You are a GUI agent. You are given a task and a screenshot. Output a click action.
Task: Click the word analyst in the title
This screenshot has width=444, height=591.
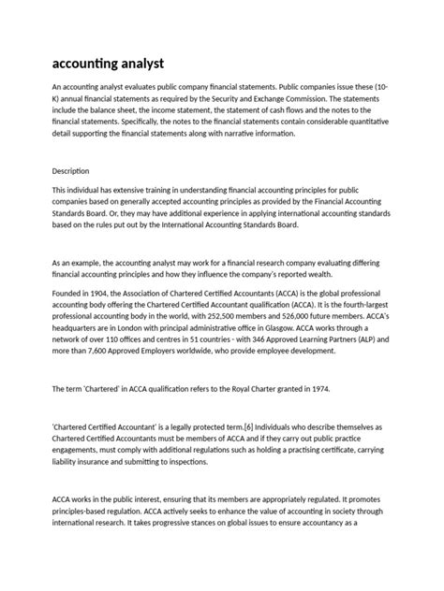click(136, 63)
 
